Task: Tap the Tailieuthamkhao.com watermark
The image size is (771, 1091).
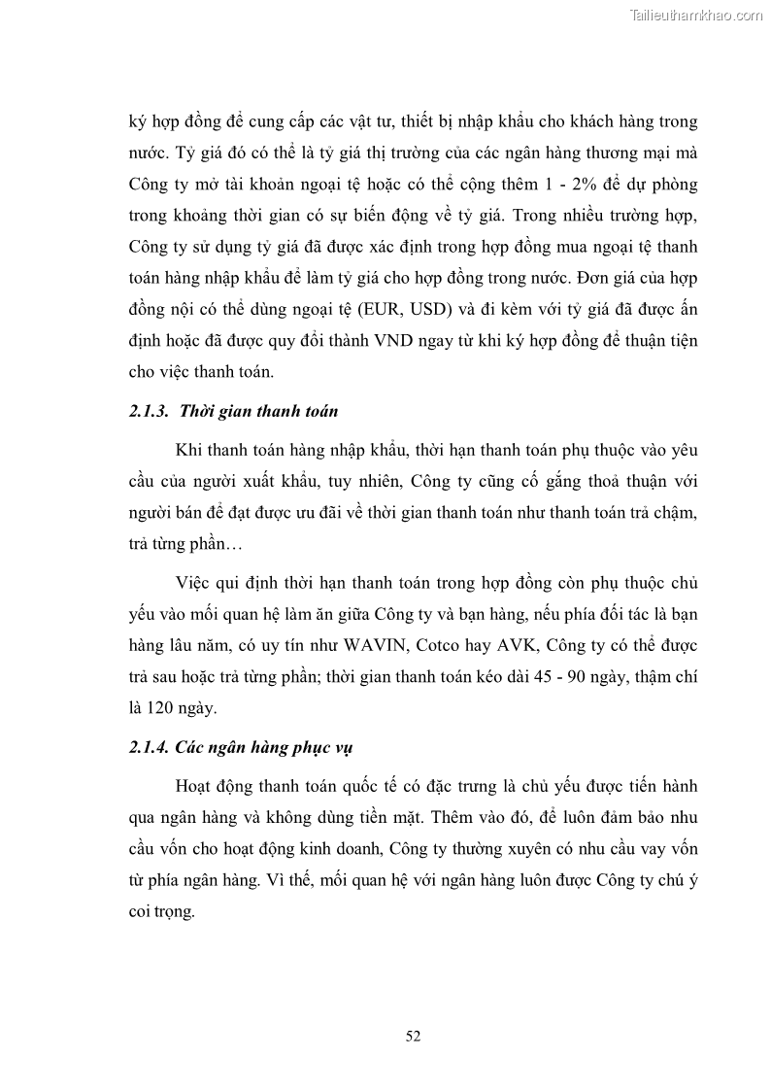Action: pos(696,15)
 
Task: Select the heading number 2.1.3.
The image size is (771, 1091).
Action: pos(150,411)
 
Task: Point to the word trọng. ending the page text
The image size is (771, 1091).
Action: pos(174,912)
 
